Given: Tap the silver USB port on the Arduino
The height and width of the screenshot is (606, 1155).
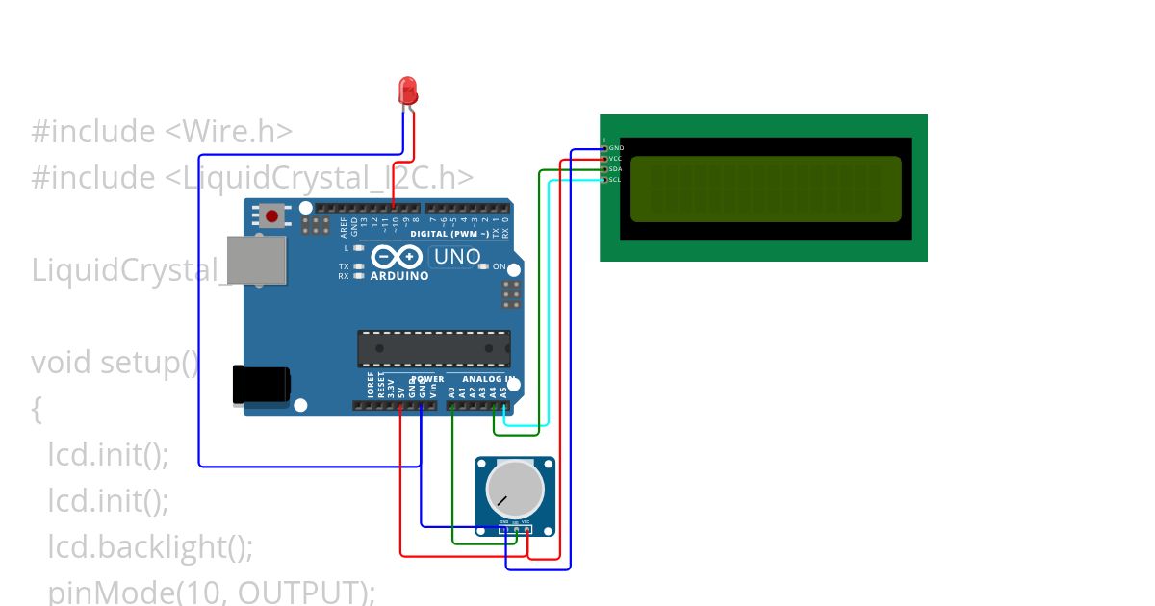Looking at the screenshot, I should point(256,260).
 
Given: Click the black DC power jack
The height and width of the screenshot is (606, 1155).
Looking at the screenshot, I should point(261,384).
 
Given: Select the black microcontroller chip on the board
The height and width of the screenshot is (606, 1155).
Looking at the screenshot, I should point(434,349).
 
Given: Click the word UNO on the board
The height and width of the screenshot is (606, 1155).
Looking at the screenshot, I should point(456,257).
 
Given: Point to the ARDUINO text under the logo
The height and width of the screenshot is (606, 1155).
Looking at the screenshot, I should point(398,276).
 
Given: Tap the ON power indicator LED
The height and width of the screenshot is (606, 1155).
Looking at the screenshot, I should point(484,266).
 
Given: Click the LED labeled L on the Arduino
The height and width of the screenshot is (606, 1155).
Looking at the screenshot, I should point(358,248).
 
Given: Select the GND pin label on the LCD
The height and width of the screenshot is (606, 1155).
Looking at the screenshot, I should point(616,148).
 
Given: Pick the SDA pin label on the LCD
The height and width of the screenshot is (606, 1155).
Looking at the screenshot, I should point(616,169).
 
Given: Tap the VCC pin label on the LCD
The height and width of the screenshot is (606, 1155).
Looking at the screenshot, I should point(616,159).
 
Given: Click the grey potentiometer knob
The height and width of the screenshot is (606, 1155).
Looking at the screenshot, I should point(515,487).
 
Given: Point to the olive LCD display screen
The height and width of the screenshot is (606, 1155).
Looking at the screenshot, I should point(765,187).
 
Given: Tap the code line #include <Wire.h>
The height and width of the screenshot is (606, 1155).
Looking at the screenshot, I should point(162,132).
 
